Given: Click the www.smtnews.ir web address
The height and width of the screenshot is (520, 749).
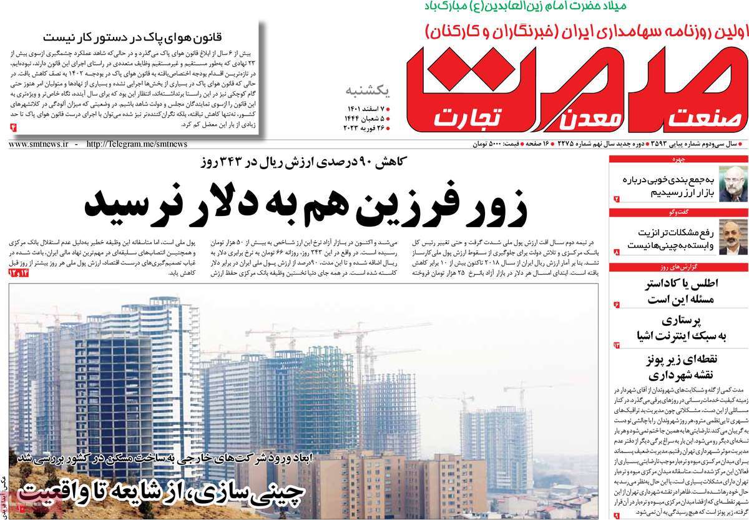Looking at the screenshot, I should [38, 144].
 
